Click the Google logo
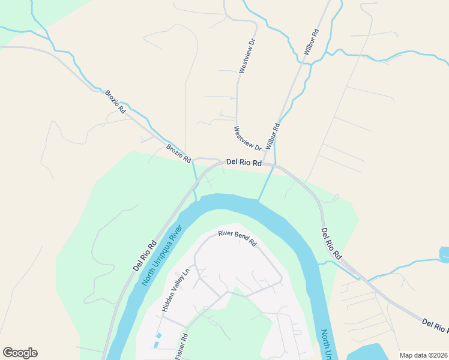20,353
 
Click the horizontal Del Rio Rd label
244,163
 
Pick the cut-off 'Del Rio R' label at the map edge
435,326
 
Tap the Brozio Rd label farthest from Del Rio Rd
115,102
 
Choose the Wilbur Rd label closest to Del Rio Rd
273,136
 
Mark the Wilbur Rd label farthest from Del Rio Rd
310,42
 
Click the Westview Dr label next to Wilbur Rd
247,138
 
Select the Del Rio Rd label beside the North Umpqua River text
145,254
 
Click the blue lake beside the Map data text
366,352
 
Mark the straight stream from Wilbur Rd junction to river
267,183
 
